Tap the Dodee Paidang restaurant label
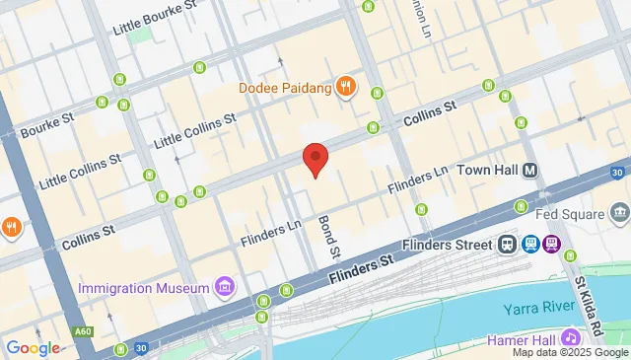coord(285,88)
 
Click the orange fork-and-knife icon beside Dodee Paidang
coord(345,87)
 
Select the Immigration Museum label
coord(144,288)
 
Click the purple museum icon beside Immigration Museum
coord(226,288)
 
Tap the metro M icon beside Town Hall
coord(531,170)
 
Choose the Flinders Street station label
coord(449,244)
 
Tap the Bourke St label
coord(46,129)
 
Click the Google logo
coord(33,347)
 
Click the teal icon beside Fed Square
coord(619,211)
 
